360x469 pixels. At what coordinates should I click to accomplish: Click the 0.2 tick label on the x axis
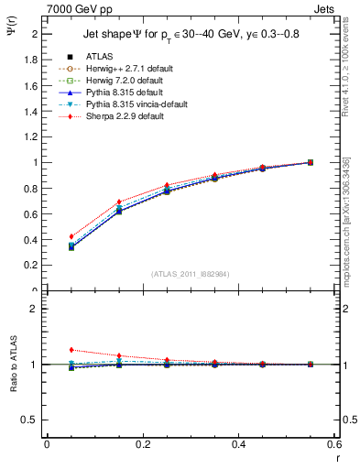coord(142,445)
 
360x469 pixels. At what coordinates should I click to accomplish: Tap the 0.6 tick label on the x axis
coord(333,445)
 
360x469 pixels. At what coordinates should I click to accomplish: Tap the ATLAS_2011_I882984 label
coord(190,274)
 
